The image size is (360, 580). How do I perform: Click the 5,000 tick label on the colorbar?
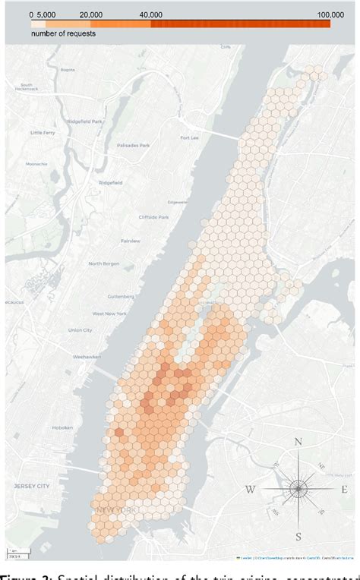[45, 14]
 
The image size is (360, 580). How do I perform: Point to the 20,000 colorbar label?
[91, 14]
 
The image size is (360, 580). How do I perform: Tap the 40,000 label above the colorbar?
[150, 14]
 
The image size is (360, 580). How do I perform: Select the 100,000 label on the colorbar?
[330, 14]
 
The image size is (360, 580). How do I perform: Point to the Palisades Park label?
[133, 145]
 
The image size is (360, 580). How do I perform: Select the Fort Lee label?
[189, 137]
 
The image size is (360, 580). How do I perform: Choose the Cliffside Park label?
[150, 216]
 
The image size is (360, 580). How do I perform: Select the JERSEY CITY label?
[30, 485]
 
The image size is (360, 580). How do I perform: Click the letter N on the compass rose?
[298, 443]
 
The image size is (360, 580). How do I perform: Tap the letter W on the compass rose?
[250, 489]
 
